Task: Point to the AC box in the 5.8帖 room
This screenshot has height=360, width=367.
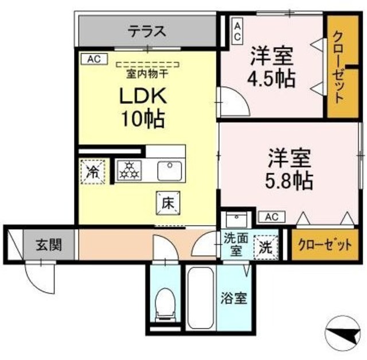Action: click(x=272, y=216)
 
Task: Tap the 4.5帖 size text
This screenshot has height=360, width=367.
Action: click(x=272, y=78)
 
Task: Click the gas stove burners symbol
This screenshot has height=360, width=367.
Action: click(x=129, y=169)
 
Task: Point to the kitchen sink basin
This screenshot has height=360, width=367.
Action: click(x=169, y=170)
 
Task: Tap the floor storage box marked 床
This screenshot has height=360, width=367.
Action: click(x=167, y=202)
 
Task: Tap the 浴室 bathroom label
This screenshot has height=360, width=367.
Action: click(x=234, y=299)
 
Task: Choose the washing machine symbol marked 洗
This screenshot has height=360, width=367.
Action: click(x=266, y=247)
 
